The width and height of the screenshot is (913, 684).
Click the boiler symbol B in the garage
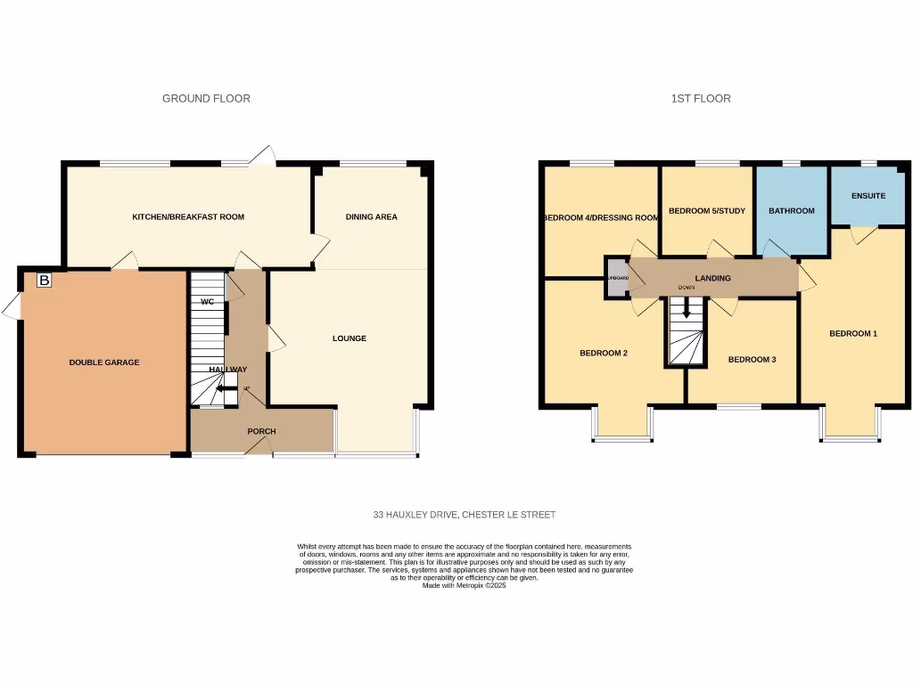pos(44,281)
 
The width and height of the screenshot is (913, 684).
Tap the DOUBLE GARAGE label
pos(104,362)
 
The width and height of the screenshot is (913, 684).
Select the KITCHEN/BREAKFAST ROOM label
pos(188,217)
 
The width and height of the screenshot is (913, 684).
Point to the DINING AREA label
pos(371,217)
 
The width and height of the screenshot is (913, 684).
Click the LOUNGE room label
pos(350,338)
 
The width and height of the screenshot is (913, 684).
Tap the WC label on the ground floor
pos(207,302)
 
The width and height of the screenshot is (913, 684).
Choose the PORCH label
pos(261,432)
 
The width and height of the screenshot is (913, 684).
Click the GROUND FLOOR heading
pos(206,99)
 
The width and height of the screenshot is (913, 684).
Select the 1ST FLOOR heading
pos(701,99)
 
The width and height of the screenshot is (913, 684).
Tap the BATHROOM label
pos(792,211)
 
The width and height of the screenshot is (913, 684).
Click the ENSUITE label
pos(868,196)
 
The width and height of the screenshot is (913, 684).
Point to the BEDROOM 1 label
pos(853,334)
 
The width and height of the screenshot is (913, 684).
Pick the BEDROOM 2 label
pos(604,354)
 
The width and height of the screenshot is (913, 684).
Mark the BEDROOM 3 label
pos(752,360)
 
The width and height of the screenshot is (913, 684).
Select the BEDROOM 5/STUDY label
pos(705,211)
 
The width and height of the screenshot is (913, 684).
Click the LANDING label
pos(712,279)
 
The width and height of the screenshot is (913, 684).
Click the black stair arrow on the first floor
pos(685,311)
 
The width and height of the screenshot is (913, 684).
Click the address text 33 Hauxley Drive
pos(464,515)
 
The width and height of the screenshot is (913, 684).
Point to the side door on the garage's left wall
pos(11,306)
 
